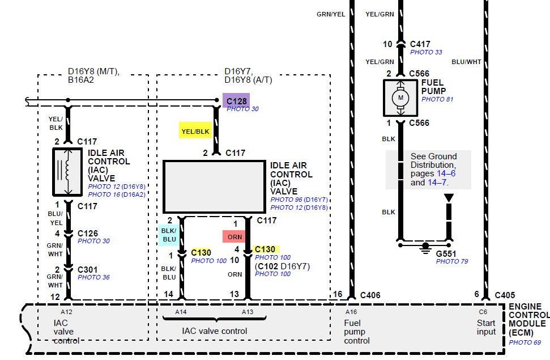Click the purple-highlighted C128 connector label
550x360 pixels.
(236, 101)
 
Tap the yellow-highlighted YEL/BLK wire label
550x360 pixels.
(195, 132)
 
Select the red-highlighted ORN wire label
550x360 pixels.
(235, 237)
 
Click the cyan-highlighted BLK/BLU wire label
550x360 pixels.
(169, 235)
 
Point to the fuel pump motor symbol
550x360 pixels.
(400, 98)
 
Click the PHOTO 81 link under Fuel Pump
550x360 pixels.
(437, 99)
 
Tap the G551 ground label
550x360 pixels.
(446, 253)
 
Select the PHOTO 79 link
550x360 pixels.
(452, 261)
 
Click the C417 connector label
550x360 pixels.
(420, 44)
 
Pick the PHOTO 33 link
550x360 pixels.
(426, 52)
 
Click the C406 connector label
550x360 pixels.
(370, 295)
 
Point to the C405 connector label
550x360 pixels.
(505, 295)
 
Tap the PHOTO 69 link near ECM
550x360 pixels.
(525, 342)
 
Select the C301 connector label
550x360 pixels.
(87, 269)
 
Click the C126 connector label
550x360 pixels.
(87, 233)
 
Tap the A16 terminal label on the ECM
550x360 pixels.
(351, 312)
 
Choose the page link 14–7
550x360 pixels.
(437, 183)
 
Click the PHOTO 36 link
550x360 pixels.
(93, 277)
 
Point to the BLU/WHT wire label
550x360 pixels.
(466, 62)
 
